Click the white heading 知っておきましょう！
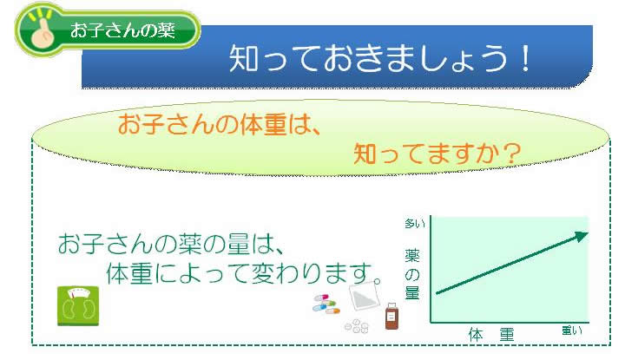pyautogui.click(x=379, y=58)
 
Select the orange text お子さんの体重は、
pyautogui.click(x=220, y=124)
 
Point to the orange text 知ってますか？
pyautogui.click(x=437, y=154)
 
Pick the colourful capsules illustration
pyautogui.click(x=327, y=304)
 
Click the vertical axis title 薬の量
pyautogui.click(x=412, y=275)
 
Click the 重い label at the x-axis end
pyautogui.click(x=571, y=331)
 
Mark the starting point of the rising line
pyautogui.click(x=436, y=294)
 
